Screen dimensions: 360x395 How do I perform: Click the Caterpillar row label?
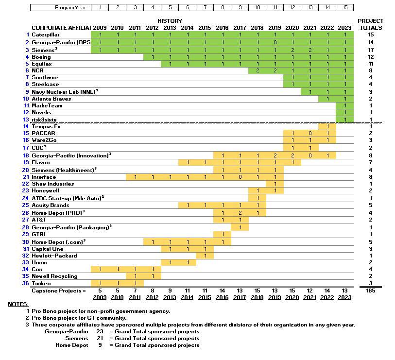click(x=46, y=35)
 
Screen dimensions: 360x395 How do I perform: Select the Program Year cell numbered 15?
click(x=344, y=7)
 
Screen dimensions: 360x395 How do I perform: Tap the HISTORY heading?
click(x=170, y=21)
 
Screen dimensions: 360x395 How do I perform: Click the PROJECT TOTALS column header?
click(x=370, y=24)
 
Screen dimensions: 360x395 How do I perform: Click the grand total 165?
click(x=371, y=291)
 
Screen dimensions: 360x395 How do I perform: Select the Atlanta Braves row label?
click(x=51, y=99)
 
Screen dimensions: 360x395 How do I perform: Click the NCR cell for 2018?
click(x=258, y=70)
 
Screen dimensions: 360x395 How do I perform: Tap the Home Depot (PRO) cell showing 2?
click(x=240, y=213)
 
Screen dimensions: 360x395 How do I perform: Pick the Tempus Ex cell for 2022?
click(x=327, y=126)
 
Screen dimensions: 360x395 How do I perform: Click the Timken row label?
click(x=41, y=283)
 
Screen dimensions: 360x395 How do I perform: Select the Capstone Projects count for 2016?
click(x=223, y=291)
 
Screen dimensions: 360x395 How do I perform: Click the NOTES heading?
click(x=18, y=304)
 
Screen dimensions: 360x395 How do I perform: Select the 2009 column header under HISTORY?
click(x=100, y=28)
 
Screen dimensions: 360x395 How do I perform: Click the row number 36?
click(x=26, y=283)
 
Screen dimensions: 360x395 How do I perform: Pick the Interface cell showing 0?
click(x=240, y=177)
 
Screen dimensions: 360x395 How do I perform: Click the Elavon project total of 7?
click(x=371, y=162)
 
